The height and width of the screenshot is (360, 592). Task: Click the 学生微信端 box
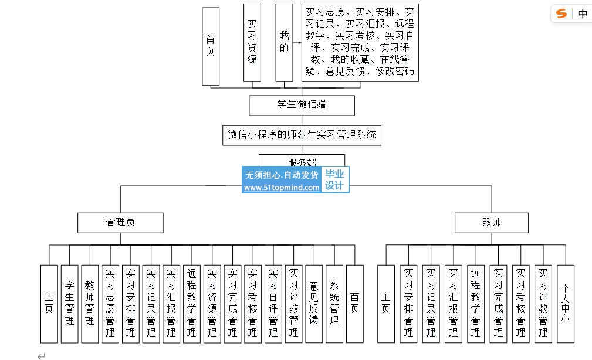coord(302,105)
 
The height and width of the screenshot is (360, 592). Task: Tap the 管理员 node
coord(120,222)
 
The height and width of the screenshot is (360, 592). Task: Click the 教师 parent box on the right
coord(492,222)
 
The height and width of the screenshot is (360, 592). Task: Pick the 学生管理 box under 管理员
coord(70,303)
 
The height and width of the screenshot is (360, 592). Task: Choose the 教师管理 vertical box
coord(90,303)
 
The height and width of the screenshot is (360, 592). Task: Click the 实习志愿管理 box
coord(110,303)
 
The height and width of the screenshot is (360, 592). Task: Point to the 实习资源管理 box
coord(212,303)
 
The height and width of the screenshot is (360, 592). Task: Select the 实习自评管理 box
coord(273,303)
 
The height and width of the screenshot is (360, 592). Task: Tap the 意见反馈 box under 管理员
coord(314,303)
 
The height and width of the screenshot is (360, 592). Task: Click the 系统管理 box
coord(334,303)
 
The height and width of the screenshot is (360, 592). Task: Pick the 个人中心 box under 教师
coord(565,303)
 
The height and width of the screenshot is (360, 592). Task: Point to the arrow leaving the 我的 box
coord(296,43)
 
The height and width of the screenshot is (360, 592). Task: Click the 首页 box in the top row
coord(211,46)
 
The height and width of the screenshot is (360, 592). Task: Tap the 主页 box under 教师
coord(385,303)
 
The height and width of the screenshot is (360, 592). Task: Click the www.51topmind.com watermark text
coord(282,188)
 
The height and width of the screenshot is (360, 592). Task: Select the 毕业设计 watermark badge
coord(334,179)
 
